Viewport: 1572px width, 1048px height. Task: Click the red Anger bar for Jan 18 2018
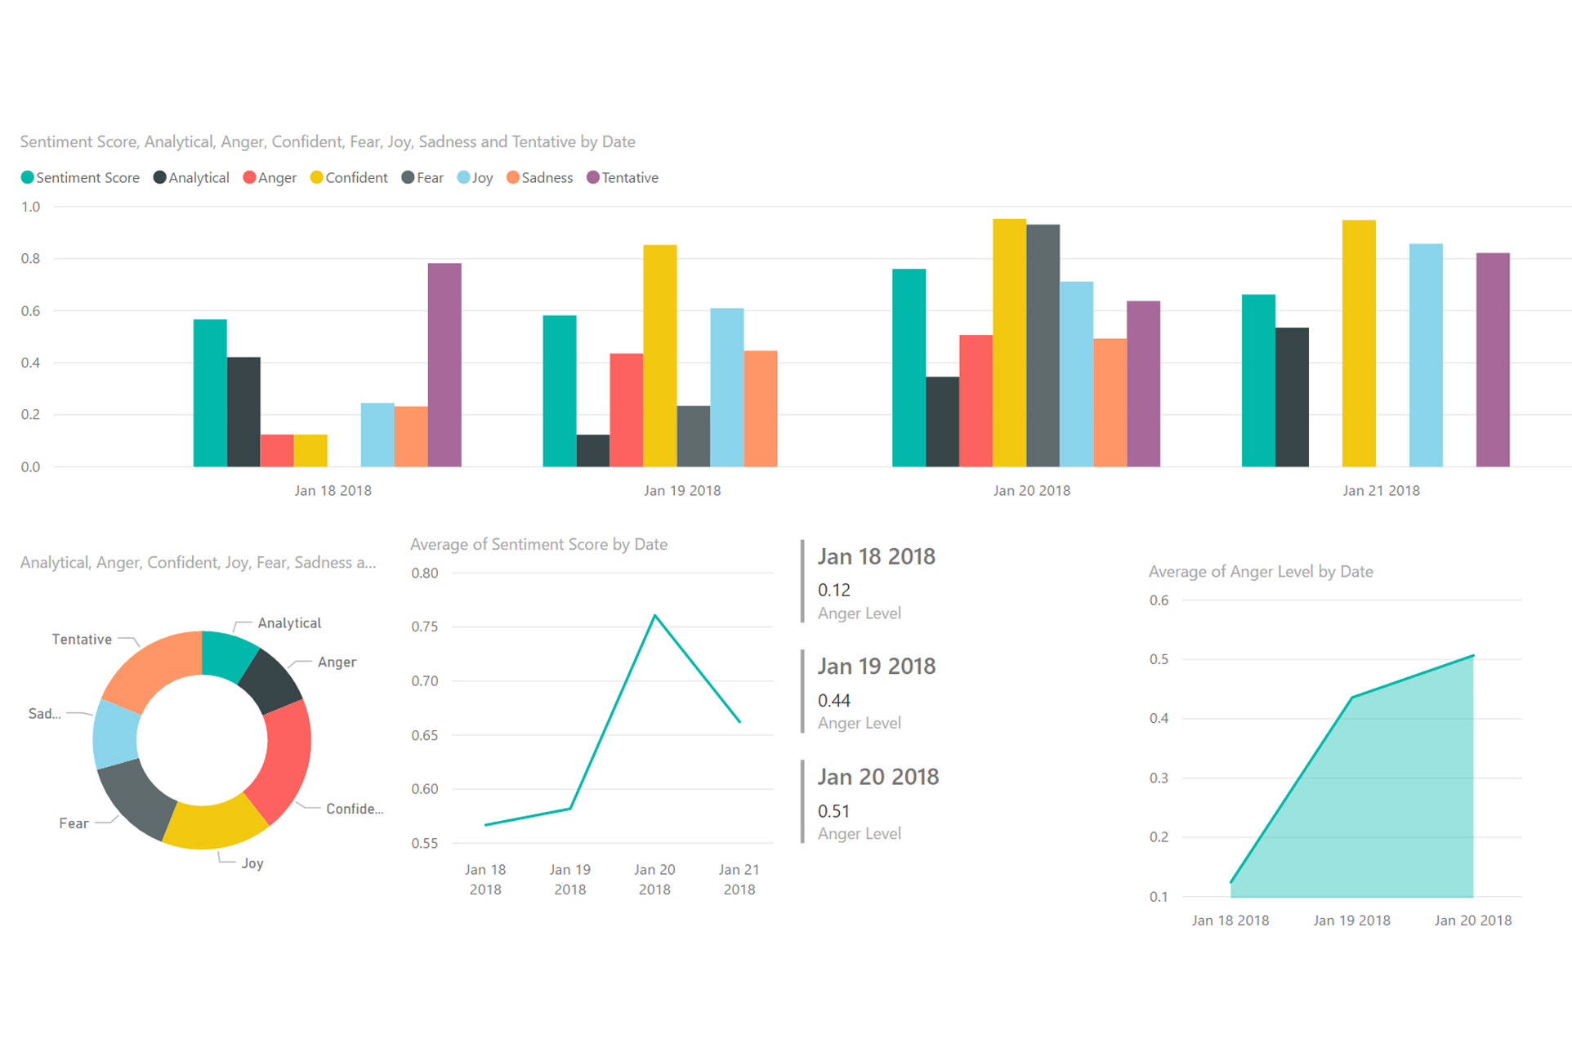(x=277, y=450)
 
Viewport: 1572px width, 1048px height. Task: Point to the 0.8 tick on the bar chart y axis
(x=30, y=259)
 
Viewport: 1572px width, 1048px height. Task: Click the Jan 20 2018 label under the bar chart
(x=1031, y=491)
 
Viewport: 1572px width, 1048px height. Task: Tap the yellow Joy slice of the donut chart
(x=214, y=823)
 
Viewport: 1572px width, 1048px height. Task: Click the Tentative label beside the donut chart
(x=82, y=640)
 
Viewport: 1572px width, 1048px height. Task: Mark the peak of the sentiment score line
(x=655, y=616)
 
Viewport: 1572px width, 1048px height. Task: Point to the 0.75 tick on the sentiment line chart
(x=425, y=627)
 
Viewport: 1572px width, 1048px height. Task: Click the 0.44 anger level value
(x=833, y=701)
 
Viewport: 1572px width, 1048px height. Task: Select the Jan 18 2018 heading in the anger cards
(x=876, y=557)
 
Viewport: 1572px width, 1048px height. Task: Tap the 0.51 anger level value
(x=833, y=812)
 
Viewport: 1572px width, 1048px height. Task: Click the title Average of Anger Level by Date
(x=1260, y=572)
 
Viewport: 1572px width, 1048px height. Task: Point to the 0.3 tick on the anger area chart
(x=1159, y=778)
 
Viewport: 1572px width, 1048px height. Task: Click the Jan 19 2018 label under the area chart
(x=1351, y=921)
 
